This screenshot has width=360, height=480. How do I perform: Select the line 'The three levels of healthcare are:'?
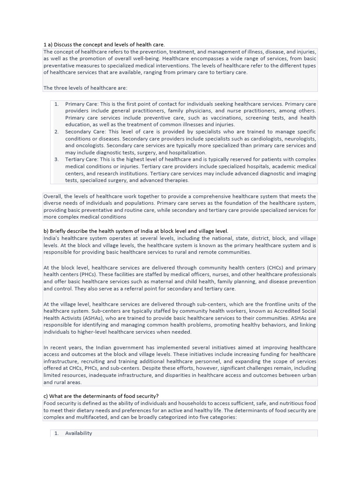(x=85, y=88)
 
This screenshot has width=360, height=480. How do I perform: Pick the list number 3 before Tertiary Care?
(x=56, y=159)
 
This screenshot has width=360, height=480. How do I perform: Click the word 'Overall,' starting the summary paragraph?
(x=53, y=196)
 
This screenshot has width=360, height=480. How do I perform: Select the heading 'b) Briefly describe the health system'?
(x=136, y=231)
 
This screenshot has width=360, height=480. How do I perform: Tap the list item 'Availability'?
(x=79, y=433)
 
